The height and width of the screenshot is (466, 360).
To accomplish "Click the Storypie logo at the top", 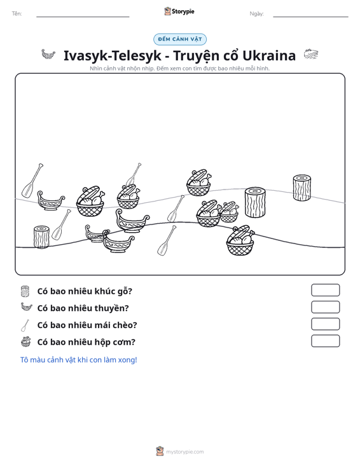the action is (x=179, y=11).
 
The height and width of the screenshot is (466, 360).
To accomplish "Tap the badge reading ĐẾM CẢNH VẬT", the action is (x=180, y=39).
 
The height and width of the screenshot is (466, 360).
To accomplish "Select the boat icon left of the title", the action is (x=48, y=55).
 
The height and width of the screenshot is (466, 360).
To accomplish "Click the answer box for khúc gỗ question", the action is (x=325, y=290).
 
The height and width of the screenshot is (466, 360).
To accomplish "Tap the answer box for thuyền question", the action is (x=325, y=307).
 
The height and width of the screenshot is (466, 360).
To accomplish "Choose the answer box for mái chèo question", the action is (x=325, y=324).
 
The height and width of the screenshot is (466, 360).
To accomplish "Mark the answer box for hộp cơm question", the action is (x=325, y=341).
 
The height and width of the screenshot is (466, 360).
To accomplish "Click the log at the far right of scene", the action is (x=301, y=188).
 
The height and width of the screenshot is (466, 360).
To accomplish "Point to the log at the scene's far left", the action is (x=41, y=237).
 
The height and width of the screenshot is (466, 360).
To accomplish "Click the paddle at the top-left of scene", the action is (x=32, y=180).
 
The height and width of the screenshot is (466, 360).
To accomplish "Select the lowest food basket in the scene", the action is (x=240, y=240).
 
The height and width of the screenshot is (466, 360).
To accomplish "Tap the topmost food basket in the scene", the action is (x=199, y=182).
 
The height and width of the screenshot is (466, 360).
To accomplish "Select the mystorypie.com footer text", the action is (x=184, y=452).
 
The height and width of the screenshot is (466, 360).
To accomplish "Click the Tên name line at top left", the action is (x=83, y=17).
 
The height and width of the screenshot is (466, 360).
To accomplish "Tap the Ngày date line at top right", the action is (x=310, y=17).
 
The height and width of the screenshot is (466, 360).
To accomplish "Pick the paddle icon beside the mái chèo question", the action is (x=25, y=326).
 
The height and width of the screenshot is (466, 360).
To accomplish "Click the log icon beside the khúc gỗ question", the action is (x=25, y=291).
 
